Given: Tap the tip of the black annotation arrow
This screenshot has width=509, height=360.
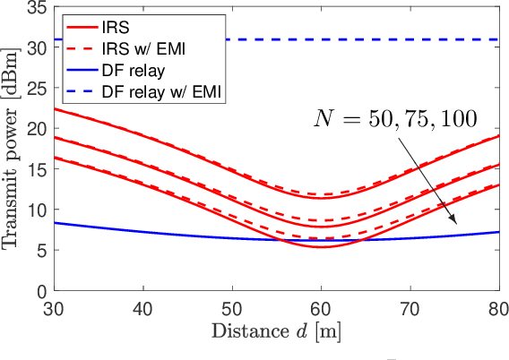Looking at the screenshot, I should click(457, 224).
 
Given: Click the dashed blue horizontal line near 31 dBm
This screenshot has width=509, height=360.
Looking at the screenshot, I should click(358, 39).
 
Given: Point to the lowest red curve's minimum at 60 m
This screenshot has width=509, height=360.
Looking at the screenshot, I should click(321, 246).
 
